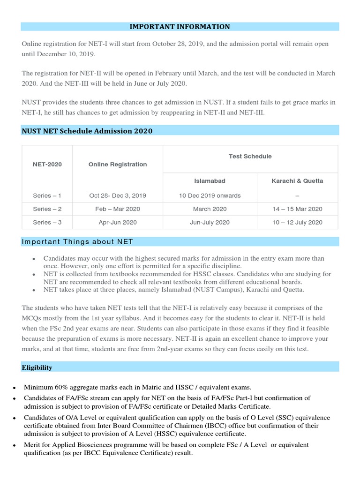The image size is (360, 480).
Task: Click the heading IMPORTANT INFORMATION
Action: point(180,27)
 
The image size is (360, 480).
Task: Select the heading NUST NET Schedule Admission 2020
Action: point(87,131)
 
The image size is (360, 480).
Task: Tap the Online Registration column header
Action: point(118,165)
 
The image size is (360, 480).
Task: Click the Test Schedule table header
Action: point(250,156)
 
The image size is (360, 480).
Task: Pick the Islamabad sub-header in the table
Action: point(210,180)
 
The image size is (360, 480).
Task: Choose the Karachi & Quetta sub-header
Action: point(297,180)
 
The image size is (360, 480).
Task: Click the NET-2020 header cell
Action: point(47,165)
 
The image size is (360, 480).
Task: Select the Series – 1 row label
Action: point(47,195)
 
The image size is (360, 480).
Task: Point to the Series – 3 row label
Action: point(47,222)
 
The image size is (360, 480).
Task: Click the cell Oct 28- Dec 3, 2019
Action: point(118,195)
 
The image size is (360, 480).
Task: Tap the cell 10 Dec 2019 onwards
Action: point(210,195)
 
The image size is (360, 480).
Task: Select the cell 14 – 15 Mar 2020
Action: point(297,209)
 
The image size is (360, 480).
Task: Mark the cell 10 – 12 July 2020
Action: point(297,222)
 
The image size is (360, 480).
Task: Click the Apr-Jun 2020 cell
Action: point(118,222)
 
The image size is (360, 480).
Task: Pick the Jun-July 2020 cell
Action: point(210,222)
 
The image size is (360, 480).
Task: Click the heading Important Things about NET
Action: point(77,242)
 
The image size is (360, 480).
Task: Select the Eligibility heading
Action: point(37,367)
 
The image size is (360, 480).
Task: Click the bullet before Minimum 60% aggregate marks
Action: point(15,388)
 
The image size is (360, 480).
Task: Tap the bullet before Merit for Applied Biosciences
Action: point(15,445)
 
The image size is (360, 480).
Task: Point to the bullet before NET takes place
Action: point(34,291)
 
